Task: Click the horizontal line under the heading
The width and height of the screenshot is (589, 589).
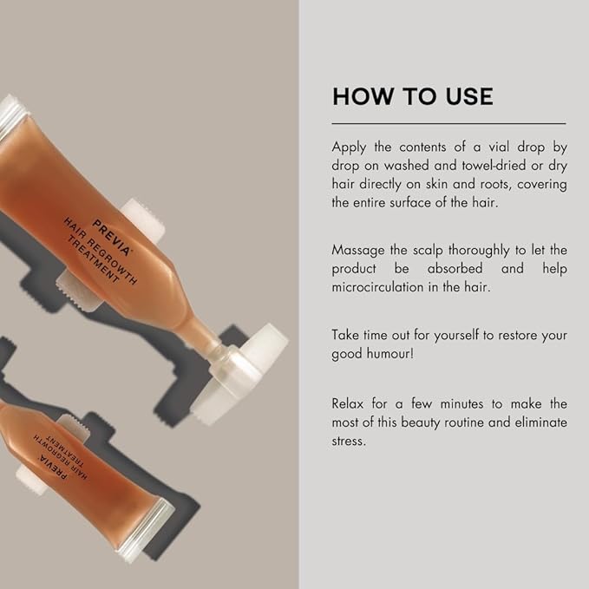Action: pos(448,123)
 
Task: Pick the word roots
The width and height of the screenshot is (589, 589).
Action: pos(481,184)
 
